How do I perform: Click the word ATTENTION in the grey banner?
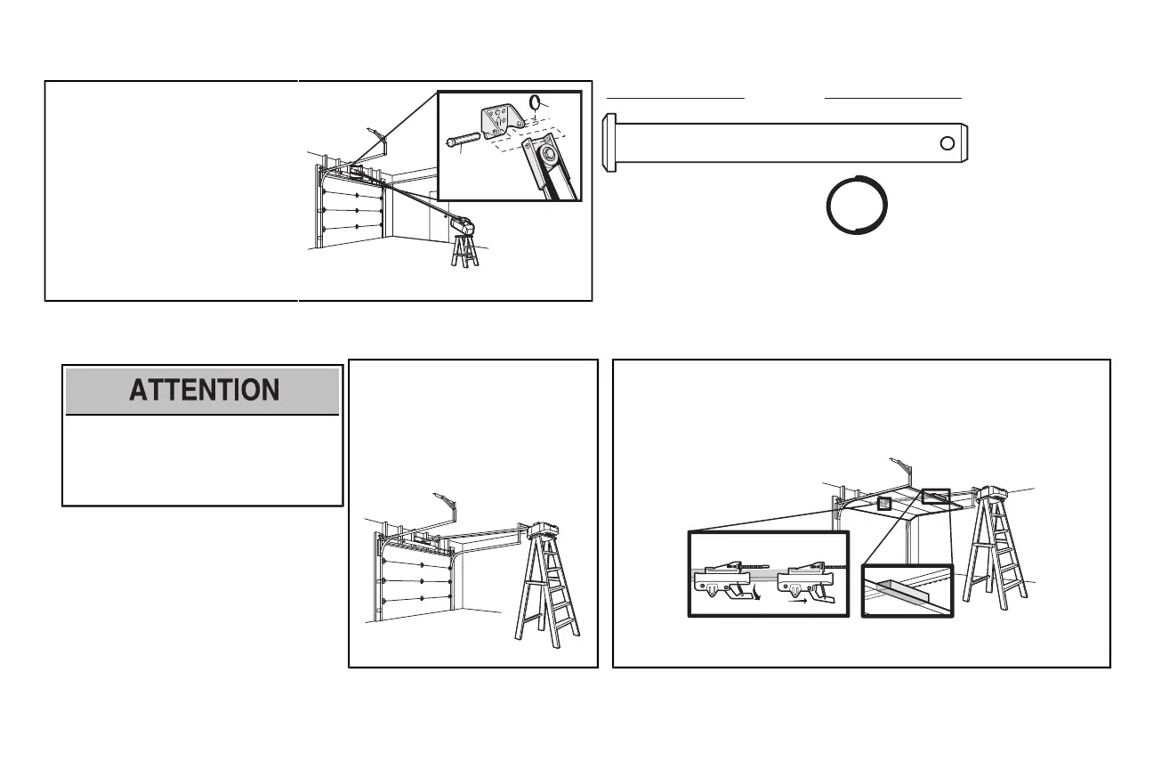[x=204, y=391]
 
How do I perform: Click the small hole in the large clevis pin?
[x=949, y=143]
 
